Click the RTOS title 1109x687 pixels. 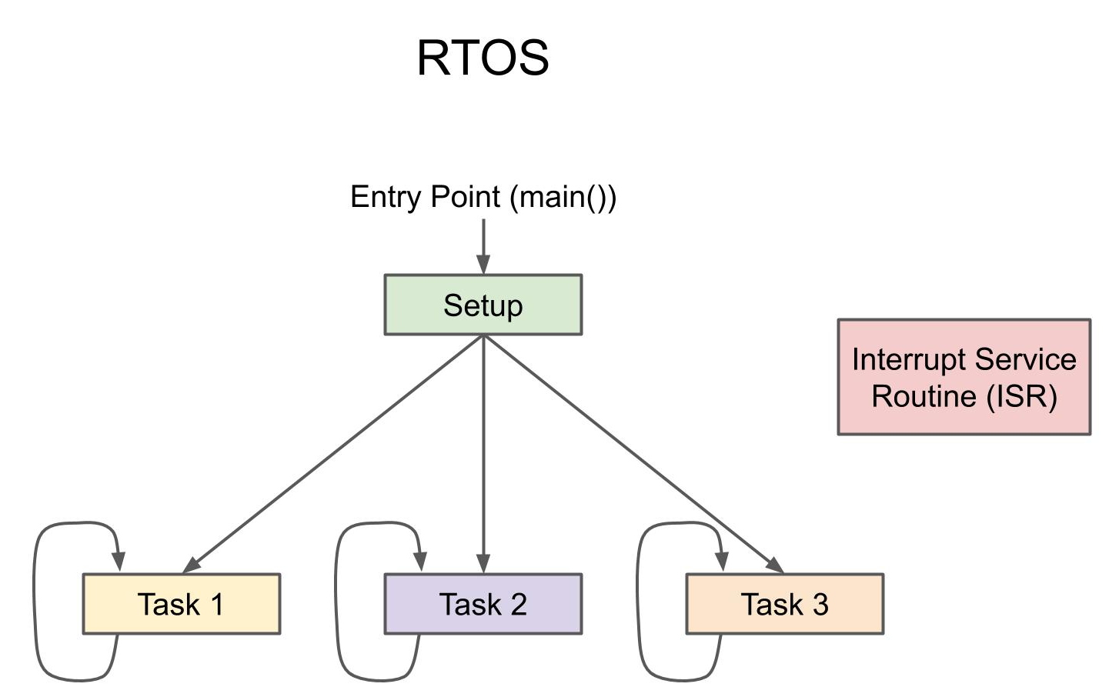pyautogui.click(x=483, y=58)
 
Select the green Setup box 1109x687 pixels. pyautogui.click(x=483, y=305)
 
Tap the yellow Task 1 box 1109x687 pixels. pyautogui.click(x=181, y=604)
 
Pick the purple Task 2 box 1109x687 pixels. pyautogui.click(x=483, y=604)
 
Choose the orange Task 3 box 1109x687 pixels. pyautogui.click(x=784, y=604)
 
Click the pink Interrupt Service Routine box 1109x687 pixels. pyautogui.click(x=964, y=377)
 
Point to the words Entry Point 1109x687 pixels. pyautogui.click(x=425, y=197)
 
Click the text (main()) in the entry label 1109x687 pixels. pyautogui.click(x=563, y=197)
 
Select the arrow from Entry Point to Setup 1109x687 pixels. pyautogui.click(x=483, y=245)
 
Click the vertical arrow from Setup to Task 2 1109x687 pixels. pyautogui.click(x=483, y=454)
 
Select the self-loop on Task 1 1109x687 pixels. pyautogui.click(x=35, y=600)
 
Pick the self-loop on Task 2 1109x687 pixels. pyautogui.click(x=337, y=600)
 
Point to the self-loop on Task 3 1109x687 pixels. pyautogui.click(x=639, y=600)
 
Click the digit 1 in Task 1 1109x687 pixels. pyautogui.click(x=216, y=605)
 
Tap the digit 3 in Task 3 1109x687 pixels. pyautogui.click(x=820, y=605)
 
